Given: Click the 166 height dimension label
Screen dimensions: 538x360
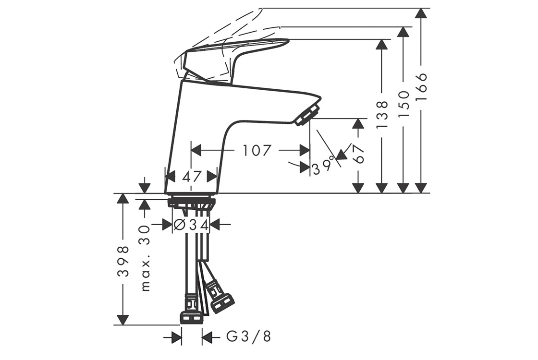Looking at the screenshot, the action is pos(421,86).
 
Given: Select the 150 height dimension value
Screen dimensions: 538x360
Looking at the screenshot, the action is pos(404,104).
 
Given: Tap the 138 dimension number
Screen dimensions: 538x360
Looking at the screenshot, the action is pos(382,115).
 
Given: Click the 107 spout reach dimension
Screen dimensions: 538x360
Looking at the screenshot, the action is pos(257,150).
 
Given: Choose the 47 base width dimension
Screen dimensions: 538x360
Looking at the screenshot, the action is pos(192,177).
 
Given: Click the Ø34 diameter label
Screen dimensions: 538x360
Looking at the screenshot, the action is pos(191,225).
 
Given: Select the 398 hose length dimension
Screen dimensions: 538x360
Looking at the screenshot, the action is pos(123,261).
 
